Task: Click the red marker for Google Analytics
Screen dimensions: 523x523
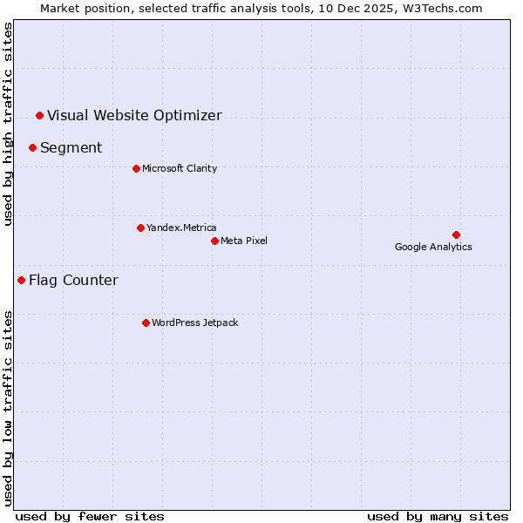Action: coord(456,234)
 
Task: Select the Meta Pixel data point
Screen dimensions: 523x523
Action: coord(214,241)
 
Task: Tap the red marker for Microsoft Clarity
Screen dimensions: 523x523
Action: coord(136,168)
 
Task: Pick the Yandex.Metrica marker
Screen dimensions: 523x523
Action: coord(140,228)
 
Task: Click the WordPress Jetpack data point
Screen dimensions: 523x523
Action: coord(146,323)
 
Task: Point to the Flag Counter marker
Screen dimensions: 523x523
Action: coord(21,280)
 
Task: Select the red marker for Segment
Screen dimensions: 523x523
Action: coord(32,147)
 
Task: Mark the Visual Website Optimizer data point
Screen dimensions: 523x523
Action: coord(39,115)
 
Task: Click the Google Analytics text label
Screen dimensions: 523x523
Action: coord(433,247)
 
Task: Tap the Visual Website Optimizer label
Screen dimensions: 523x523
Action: coord(134,115)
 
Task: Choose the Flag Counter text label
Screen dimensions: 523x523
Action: coord(73,280)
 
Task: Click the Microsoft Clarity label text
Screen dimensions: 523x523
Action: coord(180,168)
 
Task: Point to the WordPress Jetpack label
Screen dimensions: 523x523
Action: coord(194,323)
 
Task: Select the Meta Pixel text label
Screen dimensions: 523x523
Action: coord(244,241)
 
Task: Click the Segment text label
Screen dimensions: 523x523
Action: coord(71,147)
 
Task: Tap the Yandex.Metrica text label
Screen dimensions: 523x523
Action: coord(181,228)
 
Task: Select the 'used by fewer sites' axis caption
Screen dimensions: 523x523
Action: coord(90,516)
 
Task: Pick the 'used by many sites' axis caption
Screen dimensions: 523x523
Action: coord(438,516)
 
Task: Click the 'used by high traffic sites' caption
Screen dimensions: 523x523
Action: coord(8,124)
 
